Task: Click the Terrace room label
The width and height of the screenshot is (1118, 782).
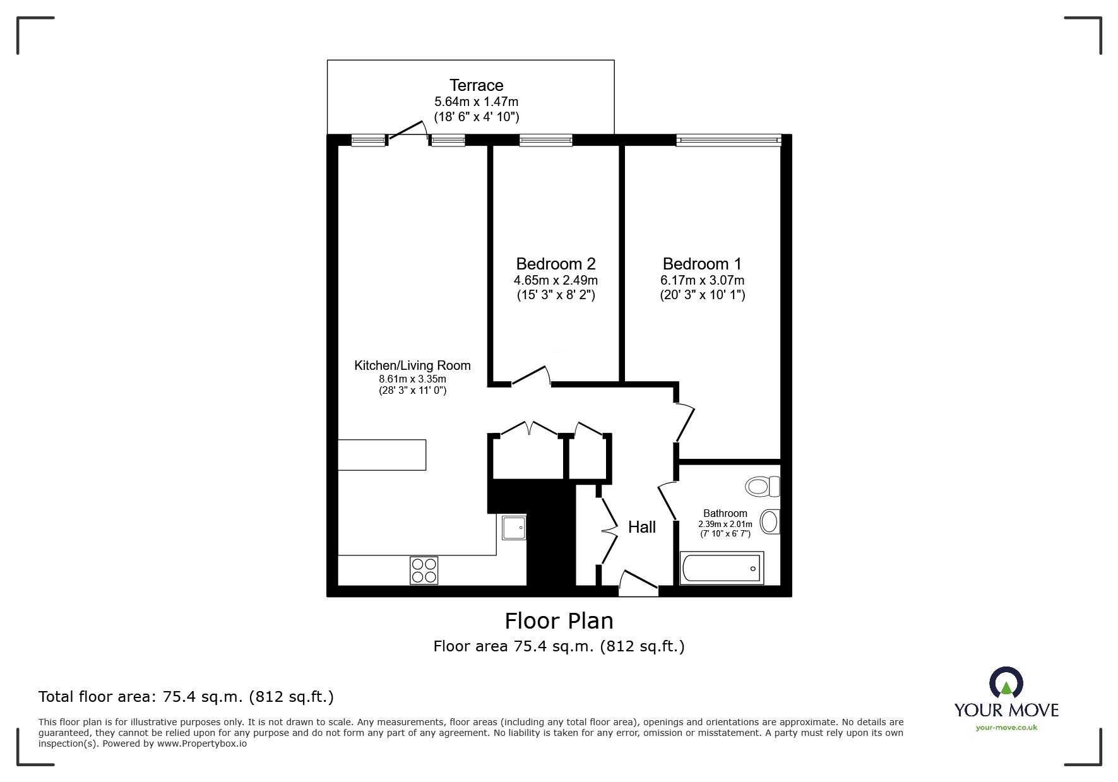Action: click(x=476, y=85)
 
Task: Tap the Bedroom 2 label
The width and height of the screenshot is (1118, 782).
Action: click(x=556, y=264)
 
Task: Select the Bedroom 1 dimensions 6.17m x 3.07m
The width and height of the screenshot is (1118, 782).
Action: click(x=703, y=280)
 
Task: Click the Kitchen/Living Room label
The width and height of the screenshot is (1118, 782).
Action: click(x=412, y=365)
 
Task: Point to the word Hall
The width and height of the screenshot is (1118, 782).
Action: click(x=641, y=527)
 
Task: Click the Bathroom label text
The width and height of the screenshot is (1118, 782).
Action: click(x=725, y=514)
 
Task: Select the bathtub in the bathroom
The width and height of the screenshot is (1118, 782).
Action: click(x=722, y=568)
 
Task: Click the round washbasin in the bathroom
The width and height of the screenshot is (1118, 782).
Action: click(x=770, y=522)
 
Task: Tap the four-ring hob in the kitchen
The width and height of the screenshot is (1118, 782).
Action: click(x=424, y=570)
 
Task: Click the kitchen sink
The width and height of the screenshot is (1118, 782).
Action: click(x=514, y=527)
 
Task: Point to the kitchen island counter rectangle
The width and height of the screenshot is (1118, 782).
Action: click(x=382, y=455)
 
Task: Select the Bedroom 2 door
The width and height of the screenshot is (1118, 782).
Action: click(x=530, y=376)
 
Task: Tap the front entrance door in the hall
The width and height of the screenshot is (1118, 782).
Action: click(x=638, y=584)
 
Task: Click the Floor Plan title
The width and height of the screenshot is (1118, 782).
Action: click(x=559, y=621)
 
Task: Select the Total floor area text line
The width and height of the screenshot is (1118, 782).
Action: click(x=186, y=697)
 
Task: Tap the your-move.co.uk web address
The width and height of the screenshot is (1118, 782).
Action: click(x=1006, y=728)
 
